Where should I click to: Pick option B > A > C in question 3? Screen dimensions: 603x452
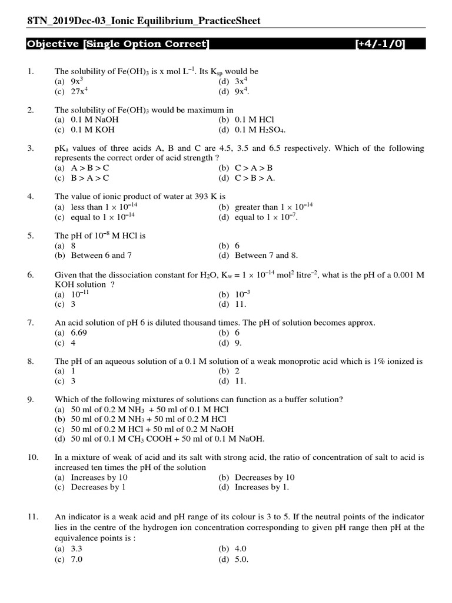89,178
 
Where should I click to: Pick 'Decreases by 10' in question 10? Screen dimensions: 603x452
264,477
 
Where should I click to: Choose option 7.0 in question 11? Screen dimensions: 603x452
76,559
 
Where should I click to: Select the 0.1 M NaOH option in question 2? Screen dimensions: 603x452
92,120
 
